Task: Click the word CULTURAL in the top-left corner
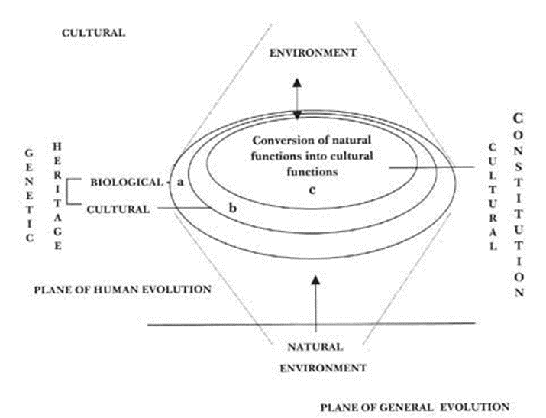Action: [95, 33]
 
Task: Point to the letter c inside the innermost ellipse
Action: [313, 189]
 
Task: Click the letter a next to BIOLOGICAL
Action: [180, 183]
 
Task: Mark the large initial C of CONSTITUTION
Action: [517, 119]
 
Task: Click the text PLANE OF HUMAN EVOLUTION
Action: [122, 290]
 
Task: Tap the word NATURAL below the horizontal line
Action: [315, 346]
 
